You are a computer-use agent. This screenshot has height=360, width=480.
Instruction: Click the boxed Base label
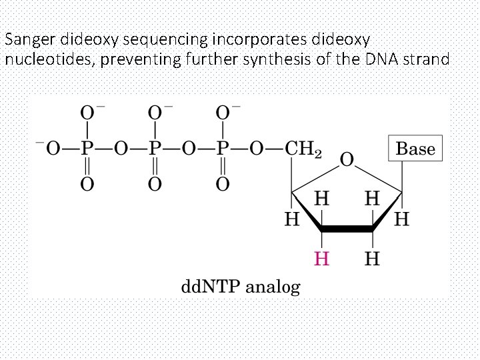click(x=415, y=149)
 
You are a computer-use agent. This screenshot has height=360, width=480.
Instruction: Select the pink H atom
click(x=321, y=259)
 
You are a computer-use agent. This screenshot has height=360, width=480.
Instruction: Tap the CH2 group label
click(x=303, y=149)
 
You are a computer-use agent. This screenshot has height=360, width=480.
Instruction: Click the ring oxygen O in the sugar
click(x=347, y=160)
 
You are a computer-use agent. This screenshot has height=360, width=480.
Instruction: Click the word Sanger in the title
click(x=26, y=39)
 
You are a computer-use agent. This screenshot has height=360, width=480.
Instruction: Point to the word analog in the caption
click(x=273, y=288)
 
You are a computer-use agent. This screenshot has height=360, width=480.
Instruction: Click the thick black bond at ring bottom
click(x=347, y=229)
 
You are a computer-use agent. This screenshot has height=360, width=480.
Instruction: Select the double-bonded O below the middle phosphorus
click(x=155, y=183)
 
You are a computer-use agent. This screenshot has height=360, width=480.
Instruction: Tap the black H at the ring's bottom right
click(x=372, y=259)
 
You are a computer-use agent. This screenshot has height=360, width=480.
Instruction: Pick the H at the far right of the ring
click(x=401, y=218)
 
